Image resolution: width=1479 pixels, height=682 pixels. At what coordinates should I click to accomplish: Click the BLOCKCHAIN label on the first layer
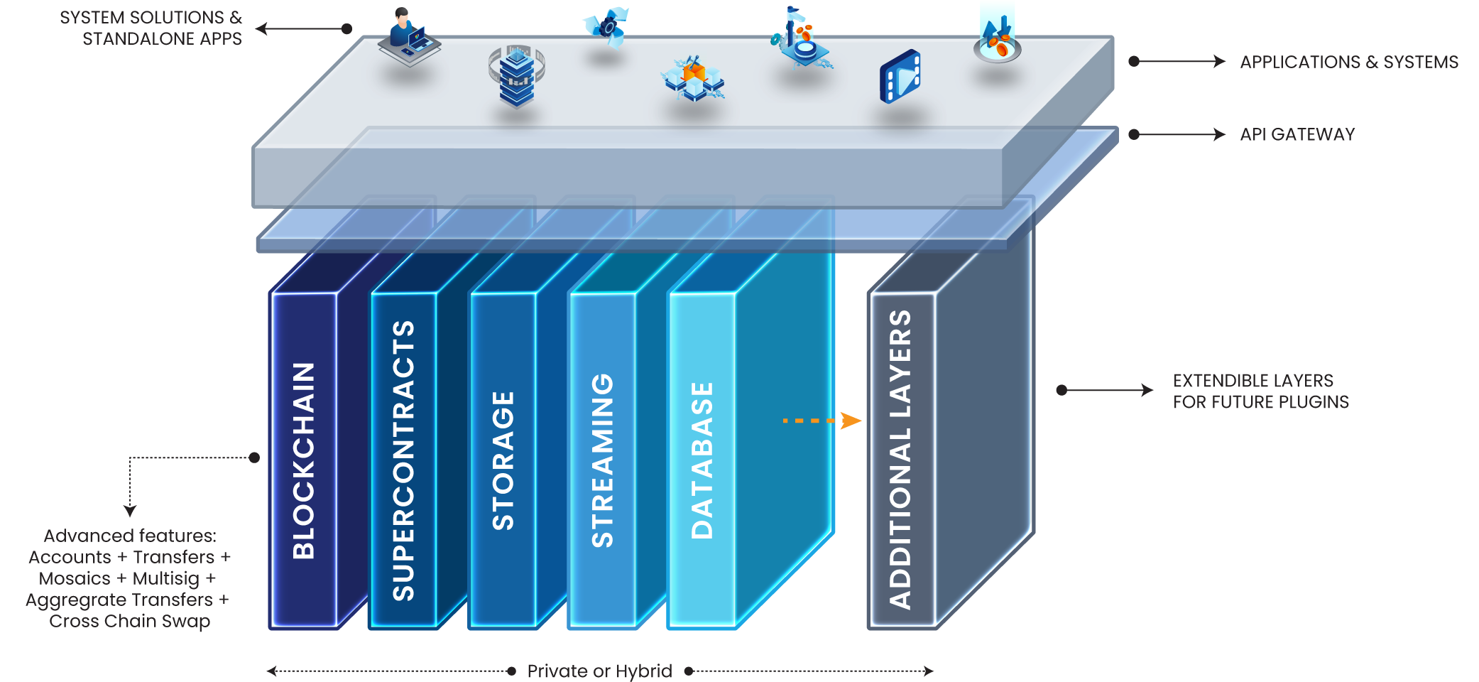304,460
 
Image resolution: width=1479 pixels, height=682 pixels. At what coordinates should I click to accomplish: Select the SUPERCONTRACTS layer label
403,460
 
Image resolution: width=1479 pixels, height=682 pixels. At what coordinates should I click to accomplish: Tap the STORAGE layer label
503,460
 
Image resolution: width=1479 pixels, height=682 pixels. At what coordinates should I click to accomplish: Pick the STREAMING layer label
602,460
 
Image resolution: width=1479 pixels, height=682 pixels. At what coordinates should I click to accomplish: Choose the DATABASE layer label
702,460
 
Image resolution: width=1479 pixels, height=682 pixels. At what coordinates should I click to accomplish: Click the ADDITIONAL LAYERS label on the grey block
900,460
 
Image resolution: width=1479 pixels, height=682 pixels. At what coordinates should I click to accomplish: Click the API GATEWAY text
1297,134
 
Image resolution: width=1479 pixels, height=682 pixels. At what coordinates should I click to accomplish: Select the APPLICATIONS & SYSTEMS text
1348,62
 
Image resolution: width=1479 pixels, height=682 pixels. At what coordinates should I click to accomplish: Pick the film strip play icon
900,76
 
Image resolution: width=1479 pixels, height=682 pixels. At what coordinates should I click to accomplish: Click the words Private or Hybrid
599,671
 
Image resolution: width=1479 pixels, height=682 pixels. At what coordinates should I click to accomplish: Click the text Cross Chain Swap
129,621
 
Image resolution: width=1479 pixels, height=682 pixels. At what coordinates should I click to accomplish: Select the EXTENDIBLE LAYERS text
1252,381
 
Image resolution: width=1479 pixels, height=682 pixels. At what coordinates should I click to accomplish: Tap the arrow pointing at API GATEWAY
1179,134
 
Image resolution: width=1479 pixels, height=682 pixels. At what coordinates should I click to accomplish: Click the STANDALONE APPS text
162,38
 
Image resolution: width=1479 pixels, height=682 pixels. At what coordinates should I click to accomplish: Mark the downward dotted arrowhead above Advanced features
130,511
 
